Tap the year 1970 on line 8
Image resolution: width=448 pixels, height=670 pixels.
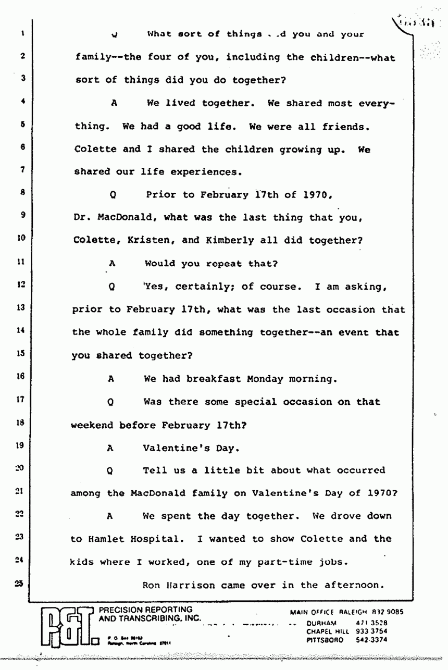(x=314, y=195)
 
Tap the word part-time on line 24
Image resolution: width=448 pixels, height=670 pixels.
(x=290, y=562)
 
